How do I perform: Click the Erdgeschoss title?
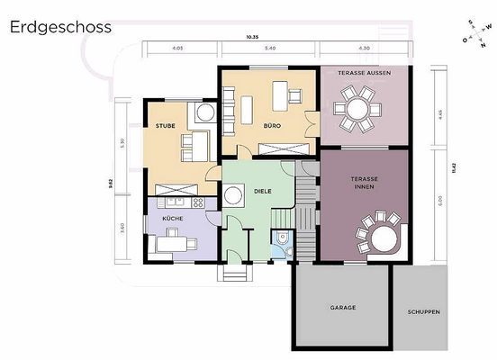[x=61, y=26]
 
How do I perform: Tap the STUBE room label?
[x=165, y=126]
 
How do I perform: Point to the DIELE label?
[x=263, y=191]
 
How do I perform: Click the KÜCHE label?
[x=172, y=219]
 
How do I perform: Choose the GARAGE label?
[x=342, y=308]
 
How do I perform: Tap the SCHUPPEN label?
[x=422, y=311]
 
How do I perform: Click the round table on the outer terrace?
[x=357, y=110]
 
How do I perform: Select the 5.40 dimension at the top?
[x=267, y=47]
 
